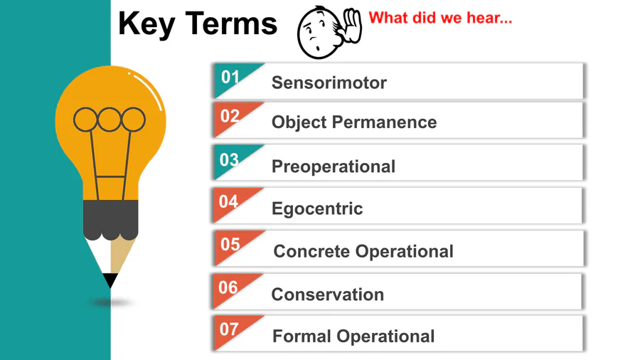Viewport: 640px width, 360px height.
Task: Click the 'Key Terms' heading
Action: pos(198,24)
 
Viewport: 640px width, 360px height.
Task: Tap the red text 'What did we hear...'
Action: pos(440,18)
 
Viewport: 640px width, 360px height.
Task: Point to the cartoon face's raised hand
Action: pos(352,26)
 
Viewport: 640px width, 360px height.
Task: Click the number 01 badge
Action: pos(230,77)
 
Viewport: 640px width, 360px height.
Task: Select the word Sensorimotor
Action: pos(329,83)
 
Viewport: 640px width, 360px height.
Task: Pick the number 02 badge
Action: pos(230,117)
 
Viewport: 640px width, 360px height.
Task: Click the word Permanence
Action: pos(384,122)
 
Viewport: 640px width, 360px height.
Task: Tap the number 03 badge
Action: pos(230,159)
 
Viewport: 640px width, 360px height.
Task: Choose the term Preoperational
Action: pos(334,166)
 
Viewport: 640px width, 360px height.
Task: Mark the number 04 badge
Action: pos(228,201)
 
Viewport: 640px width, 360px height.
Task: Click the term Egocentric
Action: pos(317,209)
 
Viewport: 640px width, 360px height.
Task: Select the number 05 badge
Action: pos(230,245)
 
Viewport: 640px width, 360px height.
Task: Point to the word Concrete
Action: pos(311,251)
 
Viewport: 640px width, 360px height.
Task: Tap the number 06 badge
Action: pos(228,287)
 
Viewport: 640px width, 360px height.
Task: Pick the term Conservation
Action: pos(327,295)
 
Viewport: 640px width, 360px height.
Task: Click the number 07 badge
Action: pos(230,329)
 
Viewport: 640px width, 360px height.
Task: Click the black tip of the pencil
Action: pos(110,280)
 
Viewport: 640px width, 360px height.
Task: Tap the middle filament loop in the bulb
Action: pos(109,120)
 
